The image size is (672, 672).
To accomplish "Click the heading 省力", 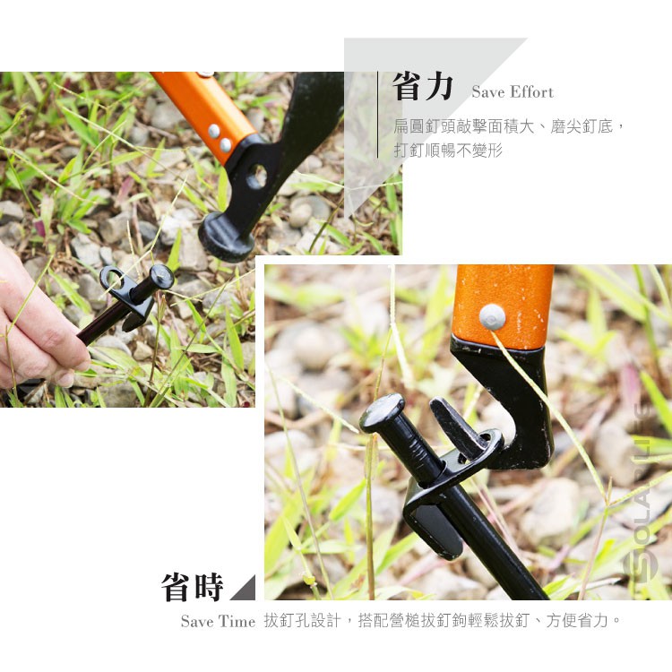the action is [422, 87].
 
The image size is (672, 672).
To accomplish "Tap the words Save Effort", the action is [513, 91].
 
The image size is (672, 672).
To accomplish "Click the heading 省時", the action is [193, 587].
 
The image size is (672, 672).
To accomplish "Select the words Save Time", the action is [218, 622].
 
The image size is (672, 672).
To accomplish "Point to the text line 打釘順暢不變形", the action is [448, 151].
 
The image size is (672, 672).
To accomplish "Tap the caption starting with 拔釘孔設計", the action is [443, 621].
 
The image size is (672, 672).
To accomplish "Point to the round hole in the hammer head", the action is [257, 177].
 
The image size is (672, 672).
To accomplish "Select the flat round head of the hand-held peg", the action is [161, 276].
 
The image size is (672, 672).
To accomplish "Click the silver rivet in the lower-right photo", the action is [493, 317].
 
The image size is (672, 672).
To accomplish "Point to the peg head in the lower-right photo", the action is [381, 413].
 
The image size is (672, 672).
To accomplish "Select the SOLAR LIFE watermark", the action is [641, 493].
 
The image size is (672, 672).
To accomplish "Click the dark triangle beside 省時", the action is [246, 590].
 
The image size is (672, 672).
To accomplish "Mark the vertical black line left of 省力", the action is [378, 115].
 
